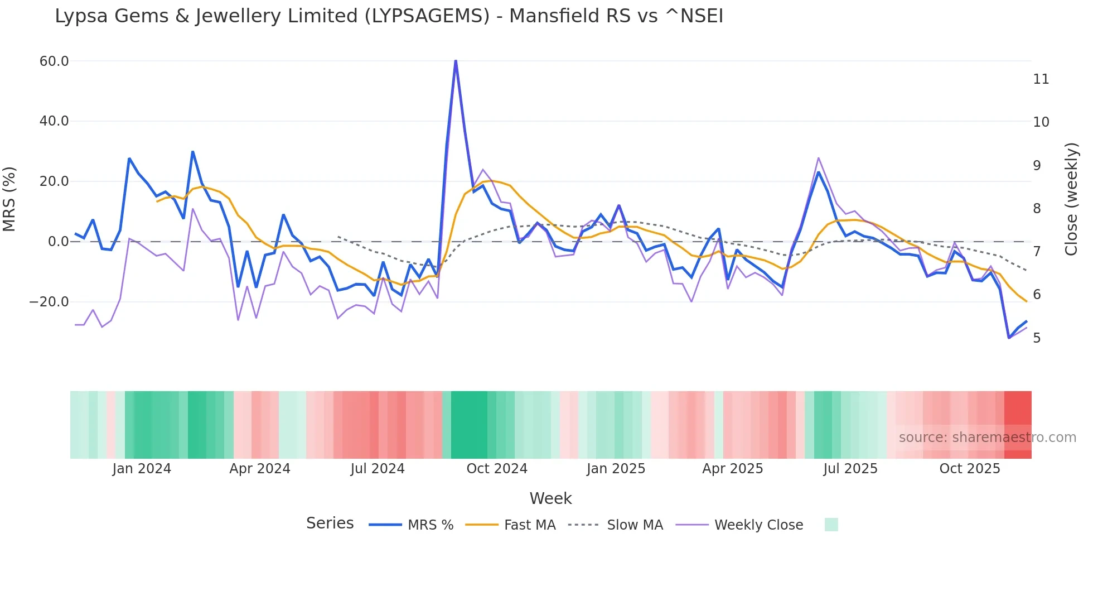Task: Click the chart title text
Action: [x=389, y=16]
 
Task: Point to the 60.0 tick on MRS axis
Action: [x=54, y=61]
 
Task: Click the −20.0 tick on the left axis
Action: [x=49, y=302]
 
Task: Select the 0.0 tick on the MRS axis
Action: [x=58, y=242]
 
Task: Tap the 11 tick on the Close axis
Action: [x=1041, y=79]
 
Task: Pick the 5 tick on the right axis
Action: [x=1037, y=338]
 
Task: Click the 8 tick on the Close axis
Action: [x=1037, y=209]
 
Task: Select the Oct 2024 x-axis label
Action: [x=497, y=469]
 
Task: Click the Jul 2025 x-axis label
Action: [x=850, y=469]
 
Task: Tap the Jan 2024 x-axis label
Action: [x=142, y=469]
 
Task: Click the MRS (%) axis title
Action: [x=9, y=199]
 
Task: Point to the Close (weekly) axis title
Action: [x=1071, y=199]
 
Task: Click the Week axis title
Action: [x=550, y=498]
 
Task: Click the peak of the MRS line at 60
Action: [x=456, y=60]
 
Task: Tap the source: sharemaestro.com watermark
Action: [x=987, y=438]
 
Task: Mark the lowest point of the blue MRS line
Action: [x=1009, y=338]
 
